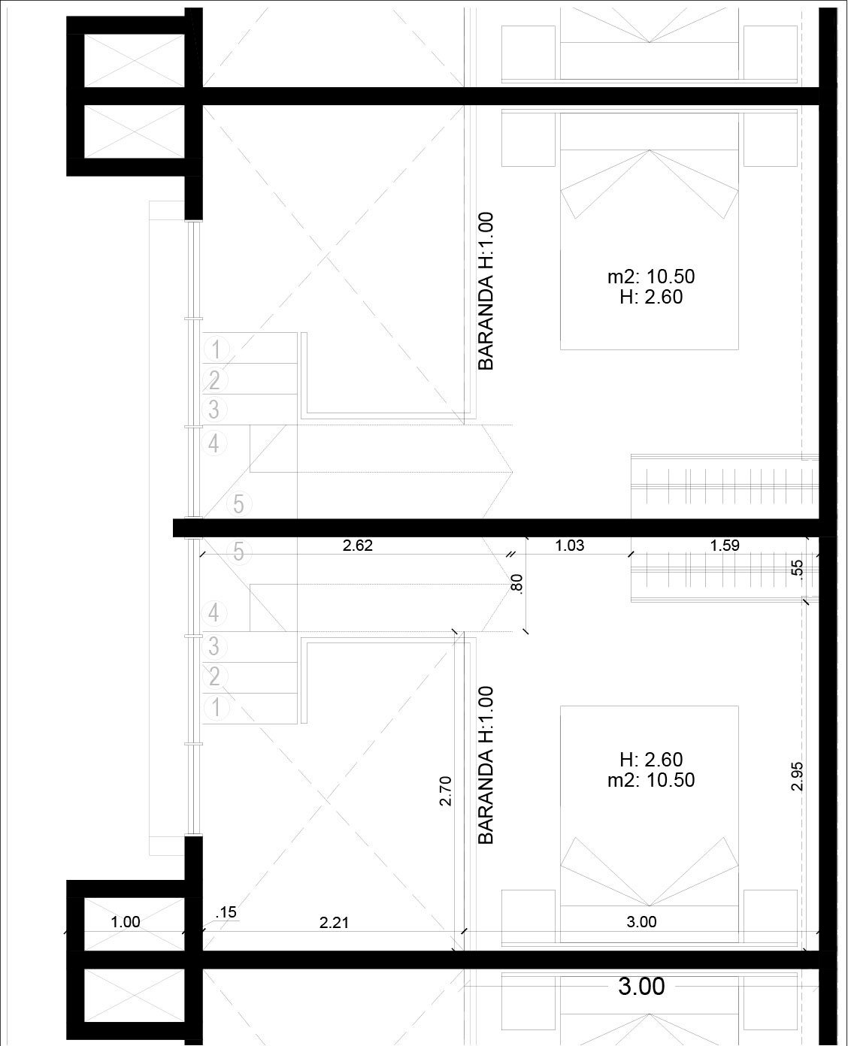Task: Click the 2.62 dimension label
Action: click(358, 546)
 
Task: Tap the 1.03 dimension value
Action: click(569, 546)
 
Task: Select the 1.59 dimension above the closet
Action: click(725, 546)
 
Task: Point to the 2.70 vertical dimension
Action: click(446, 791)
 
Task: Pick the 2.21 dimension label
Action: click(334, 923)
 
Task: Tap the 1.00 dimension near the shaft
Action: click(126, 922)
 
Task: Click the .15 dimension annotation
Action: click(226, 912)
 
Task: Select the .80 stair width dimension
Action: click(517, 583)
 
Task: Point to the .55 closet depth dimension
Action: click(798, 569)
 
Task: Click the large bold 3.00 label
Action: click(641, 987)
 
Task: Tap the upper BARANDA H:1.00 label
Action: click(486, 292)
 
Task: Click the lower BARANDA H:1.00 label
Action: click(486, 766)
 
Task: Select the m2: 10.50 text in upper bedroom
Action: click(651, 277)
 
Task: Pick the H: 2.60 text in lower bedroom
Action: click(651, 760)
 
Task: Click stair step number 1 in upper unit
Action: click(216, 350)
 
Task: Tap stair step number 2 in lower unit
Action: click(214, 677)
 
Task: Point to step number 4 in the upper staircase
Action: click(214, 444)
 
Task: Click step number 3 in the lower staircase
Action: click(214, 647)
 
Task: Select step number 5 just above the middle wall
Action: click(238, 504)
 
